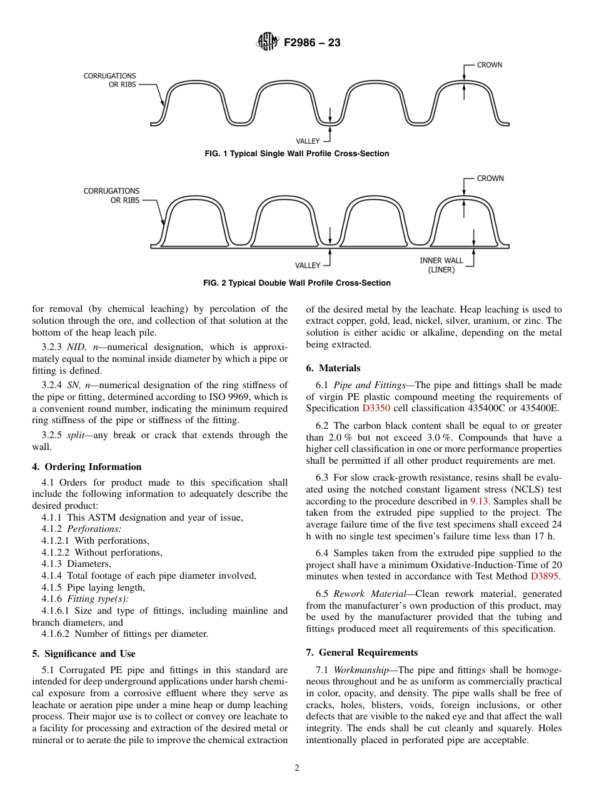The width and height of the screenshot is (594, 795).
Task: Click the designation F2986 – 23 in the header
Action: tap(312, 43)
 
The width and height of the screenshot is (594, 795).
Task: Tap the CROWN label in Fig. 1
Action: tap(489, 64)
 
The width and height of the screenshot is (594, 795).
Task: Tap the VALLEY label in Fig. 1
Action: tap(308, 141)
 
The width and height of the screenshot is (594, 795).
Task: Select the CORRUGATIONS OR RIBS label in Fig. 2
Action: tap(111, 195)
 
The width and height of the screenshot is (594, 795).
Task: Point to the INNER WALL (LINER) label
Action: tap(441, 265)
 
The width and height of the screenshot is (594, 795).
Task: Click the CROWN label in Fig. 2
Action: tap(490, 178)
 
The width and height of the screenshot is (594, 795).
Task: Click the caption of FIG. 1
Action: tap(297, 154)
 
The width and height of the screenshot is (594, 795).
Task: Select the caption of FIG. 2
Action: tap(297, 283)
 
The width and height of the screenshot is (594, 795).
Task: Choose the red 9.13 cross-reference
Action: tap(478, 501)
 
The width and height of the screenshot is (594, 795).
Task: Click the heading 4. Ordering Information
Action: tap(87, 467)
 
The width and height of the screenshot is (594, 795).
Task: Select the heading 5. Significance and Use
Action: tap(83, 654)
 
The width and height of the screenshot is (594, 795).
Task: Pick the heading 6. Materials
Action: tap(333, 368)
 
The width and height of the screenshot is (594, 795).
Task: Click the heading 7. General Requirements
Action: tap(362, 652)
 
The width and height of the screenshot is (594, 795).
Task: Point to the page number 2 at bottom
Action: tap(297, 768)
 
